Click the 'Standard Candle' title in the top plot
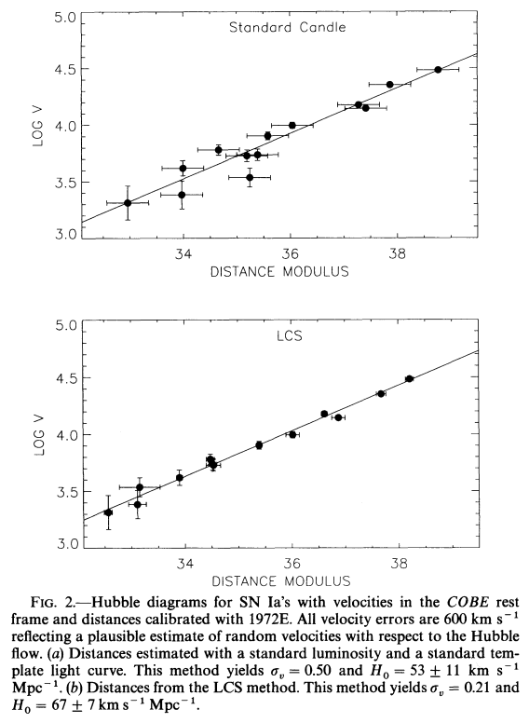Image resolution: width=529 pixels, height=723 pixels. pos(287,27)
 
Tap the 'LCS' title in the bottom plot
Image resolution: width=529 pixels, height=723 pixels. pos(290,335)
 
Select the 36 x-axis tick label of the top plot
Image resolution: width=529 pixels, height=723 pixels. pos(290,253)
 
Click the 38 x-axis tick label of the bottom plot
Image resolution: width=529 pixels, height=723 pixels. pos(399,563)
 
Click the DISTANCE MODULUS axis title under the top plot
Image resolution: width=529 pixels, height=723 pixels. pos(279,271)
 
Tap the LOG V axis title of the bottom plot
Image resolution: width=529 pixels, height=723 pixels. pos(39,435)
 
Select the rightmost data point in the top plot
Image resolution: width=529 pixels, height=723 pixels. pos(438,70)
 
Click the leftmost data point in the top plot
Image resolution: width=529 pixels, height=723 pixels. pos(128,203)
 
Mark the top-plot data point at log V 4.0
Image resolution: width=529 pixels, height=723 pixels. pos(292,125)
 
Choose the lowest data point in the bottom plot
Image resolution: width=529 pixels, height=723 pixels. pos(108,512)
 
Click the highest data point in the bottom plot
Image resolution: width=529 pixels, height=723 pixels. pos(409,378)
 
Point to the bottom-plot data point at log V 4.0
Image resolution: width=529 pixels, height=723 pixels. pos(292,434)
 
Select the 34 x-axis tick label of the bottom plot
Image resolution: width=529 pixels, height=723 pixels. pos(185,563)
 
